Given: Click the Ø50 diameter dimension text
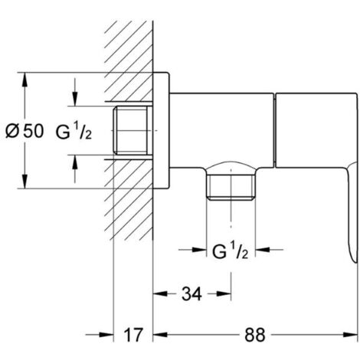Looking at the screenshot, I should click(25, 131).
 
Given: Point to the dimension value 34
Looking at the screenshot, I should click(192, 292).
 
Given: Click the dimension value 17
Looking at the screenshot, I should click(133, 335).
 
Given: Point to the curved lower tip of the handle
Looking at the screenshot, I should click(352, 253).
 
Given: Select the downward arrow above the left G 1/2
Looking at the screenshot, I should click(74, 100).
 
